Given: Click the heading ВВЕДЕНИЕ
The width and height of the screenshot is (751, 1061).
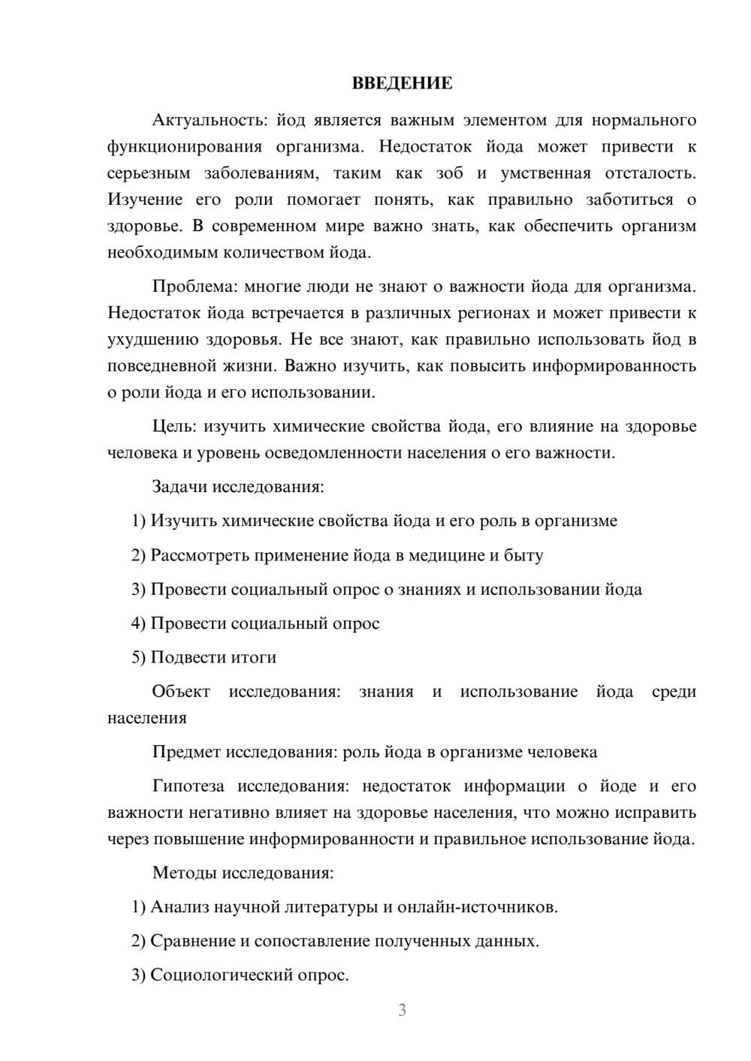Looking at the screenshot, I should click(x=402, y=83).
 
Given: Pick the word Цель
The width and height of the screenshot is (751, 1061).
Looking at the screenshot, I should click(x=174, y=426).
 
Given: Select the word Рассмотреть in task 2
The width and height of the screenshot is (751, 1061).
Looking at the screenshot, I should click(x=200, y=555).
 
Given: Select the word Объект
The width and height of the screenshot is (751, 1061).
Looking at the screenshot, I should click(x=181, y=691).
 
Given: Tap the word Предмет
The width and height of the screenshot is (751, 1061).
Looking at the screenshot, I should click(x=186, y=752).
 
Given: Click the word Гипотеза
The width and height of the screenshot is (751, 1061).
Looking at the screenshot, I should click(x=188, y=786).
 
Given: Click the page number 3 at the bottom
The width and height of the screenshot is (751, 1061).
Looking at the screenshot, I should click(x=402, y=1010).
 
